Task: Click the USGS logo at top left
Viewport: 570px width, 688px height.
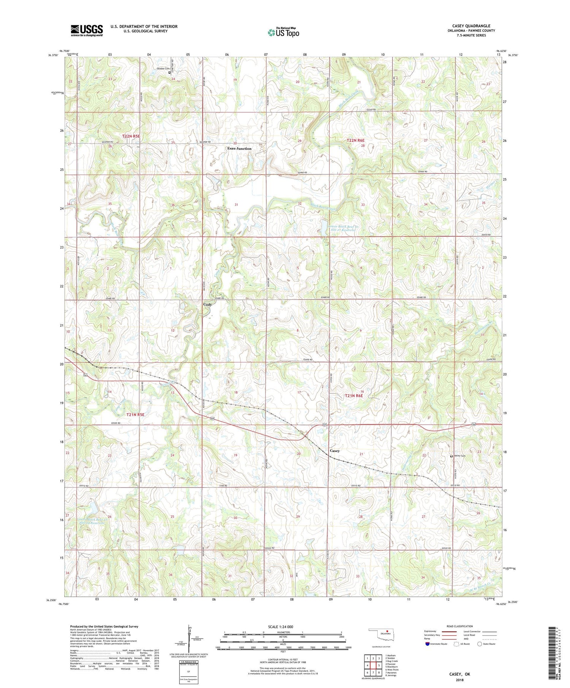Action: [x=86, y=30]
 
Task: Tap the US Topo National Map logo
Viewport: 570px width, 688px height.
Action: [x=283, y=32]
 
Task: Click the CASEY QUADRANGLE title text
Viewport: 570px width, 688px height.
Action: [x=471, y=26]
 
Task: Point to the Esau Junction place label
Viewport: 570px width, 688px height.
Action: [x=239, y=149]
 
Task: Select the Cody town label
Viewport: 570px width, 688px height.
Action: [x=207, y=304]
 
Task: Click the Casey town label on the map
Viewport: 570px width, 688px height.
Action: [x=334, y=451]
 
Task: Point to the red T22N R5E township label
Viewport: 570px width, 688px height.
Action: [x=131, y=136]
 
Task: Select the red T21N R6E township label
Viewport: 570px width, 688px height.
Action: [x=354, y=396]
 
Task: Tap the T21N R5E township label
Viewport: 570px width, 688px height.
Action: [x=135, y=415]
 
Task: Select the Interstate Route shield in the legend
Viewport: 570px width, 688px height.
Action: [x=427, y=644]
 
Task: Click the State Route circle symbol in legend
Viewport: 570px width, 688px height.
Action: [x=480, y=644]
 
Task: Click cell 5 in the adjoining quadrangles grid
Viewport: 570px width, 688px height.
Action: [x=379, y=665]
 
